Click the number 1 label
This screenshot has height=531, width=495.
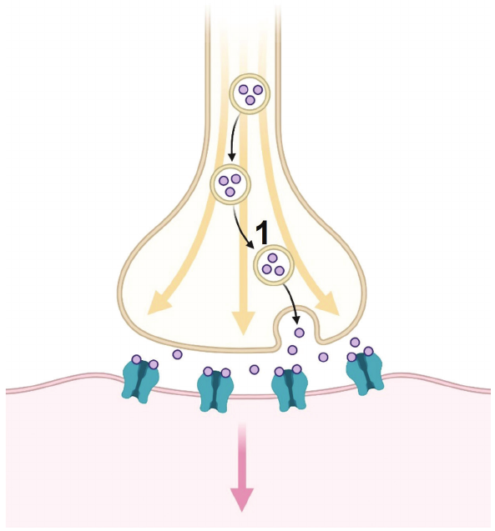pos(261,233)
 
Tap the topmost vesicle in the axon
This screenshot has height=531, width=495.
pos(250,94)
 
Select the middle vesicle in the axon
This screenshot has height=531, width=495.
pos(230,184)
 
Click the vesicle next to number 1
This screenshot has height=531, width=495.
pos(273,265)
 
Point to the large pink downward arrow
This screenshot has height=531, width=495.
pos(242,467)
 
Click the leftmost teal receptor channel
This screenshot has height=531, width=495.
pos(141,381)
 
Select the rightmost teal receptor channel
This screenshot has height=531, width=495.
pos(365,374)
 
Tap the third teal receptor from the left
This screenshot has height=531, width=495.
pos(290,390)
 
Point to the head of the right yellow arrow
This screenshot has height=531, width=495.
pos(327,303)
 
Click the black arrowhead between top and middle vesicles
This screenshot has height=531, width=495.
pos(231,158)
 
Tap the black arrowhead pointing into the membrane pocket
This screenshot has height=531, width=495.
pos(296,319)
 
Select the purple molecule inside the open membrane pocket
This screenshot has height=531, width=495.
pos(299,333)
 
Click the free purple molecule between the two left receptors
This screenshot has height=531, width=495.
pos(177,354)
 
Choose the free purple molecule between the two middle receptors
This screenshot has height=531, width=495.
pos(254,369)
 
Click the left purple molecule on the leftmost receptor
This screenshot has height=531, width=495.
pos(136,359)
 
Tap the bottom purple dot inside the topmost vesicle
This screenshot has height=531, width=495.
pos(250,100)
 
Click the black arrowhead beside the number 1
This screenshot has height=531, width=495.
pos(251,244)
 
